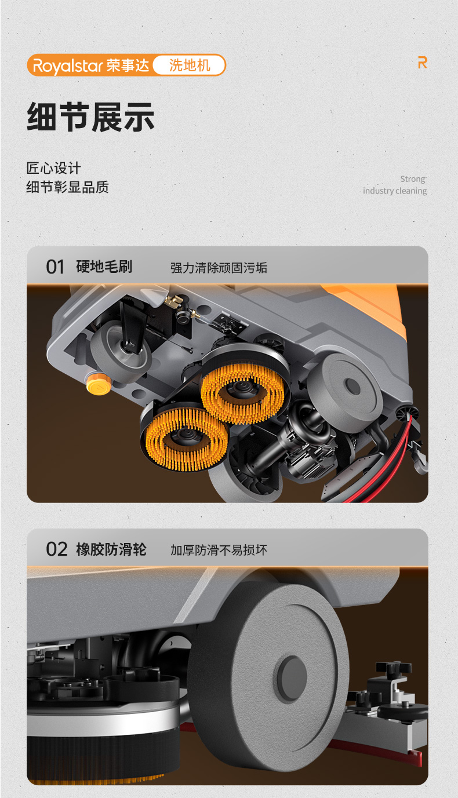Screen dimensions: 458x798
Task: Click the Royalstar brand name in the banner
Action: (x=68, y=66)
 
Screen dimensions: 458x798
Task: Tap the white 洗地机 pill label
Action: (x=189, y=65)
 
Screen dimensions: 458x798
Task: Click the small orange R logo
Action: (x=423, y=63)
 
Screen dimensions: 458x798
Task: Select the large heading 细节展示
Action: (x=90, y=117)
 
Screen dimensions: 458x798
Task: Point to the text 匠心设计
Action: (x=54, y=168)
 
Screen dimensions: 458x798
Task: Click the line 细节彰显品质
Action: (x=67, y=187)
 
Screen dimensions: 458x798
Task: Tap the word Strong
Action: (x=413, y=179)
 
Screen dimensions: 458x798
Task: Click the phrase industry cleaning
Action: (x=395, y=191)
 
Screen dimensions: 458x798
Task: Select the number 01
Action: (x=55, y=267)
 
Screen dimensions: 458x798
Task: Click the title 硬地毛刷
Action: (x=104, y=267)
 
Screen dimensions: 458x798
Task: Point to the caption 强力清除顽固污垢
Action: (x=219, y=268)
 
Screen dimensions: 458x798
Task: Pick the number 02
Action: (x=57, y=549)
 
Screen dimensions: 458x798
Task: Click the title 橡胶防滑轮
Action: (x=111, y=549)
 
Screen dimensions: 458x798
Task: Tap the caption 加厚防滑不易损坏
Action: (x=219, y=550)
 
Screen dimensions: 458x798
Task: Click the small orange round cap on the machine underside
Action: (x=98, y=384)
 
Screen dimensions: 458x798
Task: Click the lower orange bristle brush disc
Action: (x=187, y=439)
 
